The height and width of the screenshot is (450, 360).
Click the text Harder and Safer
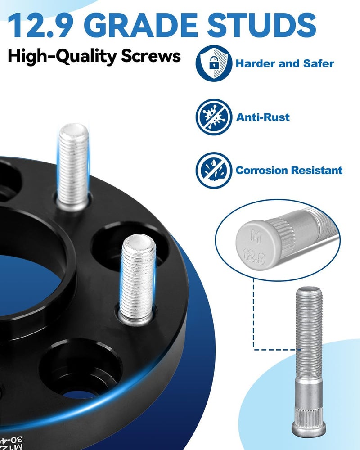[x=285, y=63]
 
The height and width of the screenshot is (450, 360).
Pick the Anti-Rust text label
[x=263, y=117]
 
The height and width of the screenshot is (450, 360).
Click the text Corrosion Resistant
[x=289, y=171]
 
